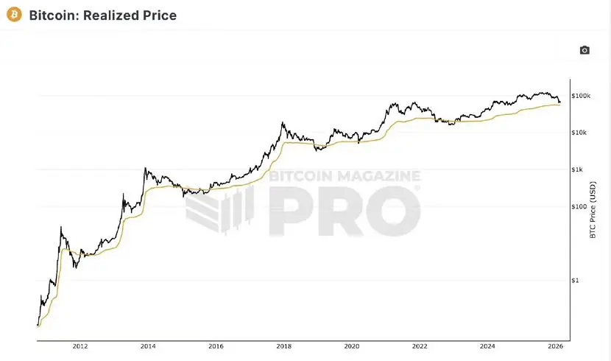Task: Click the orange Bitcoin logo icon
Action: [13, 15]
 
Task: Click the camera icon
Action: [584, 50]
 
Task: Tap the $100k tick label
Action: [581, 96]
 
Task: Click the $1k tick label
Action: [578, 169]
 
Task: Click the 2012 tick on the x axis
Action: [80, 346]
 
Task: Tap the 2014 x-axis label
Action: [148, 346]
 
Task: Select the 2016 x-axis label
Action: [216, 346]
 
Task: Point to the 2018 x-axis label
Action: [283, 346]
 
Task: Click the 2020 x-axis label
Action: [352, 346]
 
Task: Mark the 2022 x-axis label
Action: [420, 346]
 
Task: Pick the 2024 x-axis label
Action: [487, 346]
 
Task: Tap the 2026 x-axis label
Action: [555, 346]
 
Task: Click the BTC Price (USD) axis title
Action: [593, 210]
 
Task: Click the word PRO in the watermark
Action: [346, 211]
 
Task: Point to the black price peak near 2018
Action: [283, 123]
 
